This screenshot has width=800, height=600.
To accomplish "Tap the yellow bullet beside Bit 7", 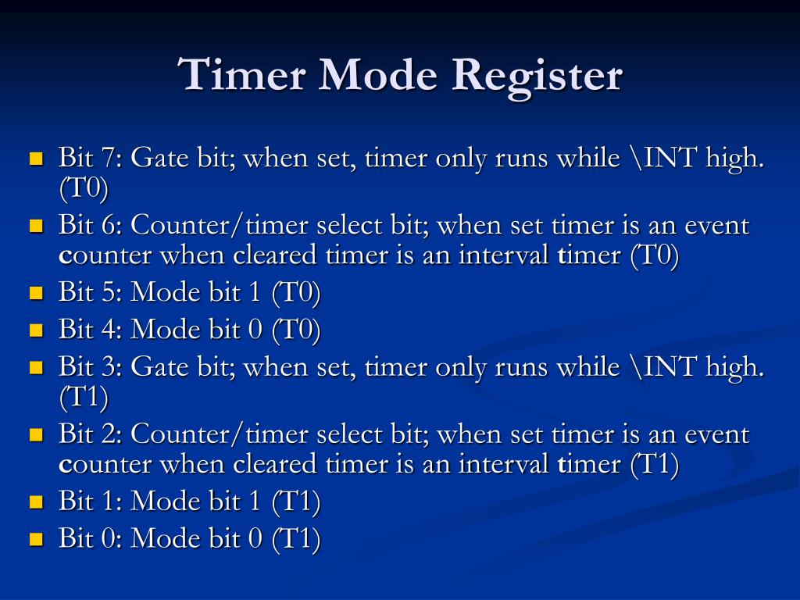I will click(35, 159).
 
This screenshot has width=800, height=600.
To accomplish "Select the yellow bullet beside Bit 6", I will click(35, 227).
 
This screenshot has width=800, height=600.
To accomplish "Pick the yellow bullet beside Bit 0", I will click(35, 538).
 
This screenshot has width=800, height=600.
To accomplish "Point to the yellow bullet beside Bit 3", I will click(35, 367).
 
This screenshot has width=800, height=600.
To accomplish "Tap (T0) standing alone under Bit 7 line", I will click(84, 189).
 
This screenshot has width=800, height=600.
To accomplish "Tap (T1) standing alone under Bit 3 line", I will click(84, 398).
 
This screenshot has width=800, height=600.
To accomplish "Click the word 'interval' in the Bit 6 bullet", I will click(503, 255).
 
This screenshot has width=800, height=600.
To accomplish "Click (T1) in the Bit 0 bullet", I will click(296, 538).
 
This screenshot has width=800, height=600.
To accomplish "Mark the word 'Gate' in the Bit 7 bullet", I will click(160, 159).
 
